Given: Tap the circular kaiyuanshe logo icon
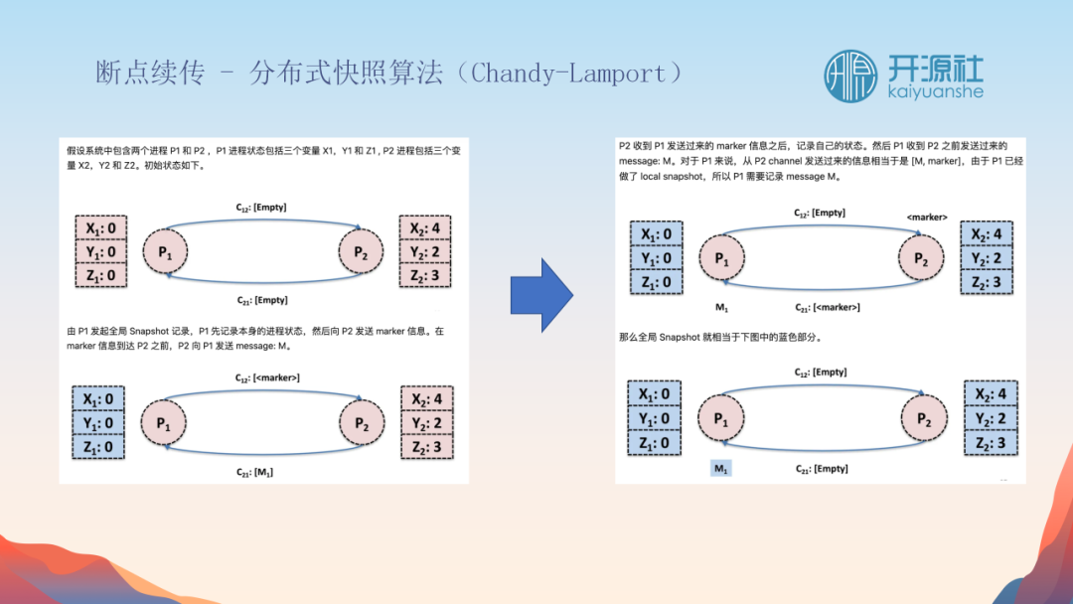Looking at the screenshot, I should click(x=850, y=75).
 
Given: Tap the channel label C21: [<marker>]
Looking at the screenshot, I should click(x=827, y=307).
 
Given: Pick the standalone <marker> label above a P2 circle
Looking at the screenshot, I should click(x=926, y=217).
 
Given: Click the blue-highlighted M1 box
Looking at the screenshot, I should click(x=721, y=468).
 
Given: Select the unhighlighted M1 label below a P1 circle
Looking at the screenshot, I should click(x=722, y=308).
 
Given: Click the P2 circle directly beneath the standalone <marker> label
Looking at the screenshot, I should click(x=922, y=259).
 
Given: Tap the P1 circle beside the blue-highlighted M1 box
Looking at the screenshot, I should click(x=721, y=419).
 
